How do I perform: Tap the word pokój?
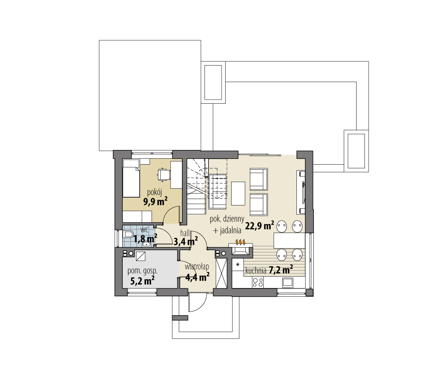click(154, 191)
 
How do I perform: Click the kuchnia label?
click(256, 271)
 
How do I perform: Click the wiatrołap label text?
click(197, 266)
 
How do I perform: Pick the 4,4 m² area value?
click(198, 277)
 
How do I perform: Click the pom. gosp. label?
click(142, 271)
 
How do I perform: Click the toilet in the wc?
click(128, 235)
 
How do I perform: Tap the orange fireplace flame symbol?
click(239, 242)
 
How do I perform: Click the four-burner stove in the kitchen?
click(258, 282)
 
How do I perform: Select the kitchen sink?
click(288, 282)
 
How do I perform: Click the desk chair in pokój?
click(163, 175)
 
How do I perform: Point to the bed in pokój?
click(131, 182)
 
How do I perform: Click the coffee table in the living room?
click(238, 194)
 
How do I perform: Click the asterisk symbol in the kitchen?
click(238, 265)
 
